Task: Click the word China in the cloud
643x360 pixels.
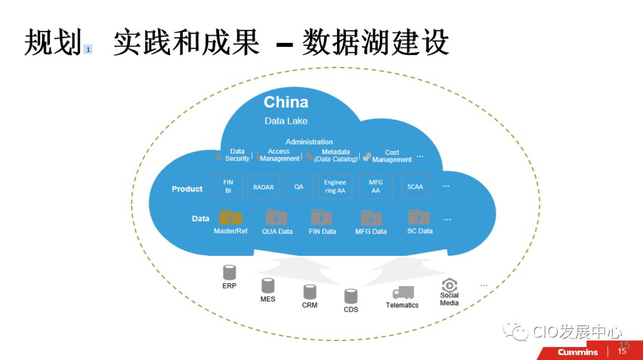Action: tap(286, 102)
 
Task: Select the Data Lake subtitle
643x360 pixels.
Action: tap(286, 121)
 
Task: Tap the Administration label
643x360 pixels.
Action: tap(309, 142)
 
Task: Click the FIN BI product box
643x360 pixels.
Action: tap(228, 187)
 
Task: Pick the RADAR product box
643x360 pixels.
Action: tap(263, 187)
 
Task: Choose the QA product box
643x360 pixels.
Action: tap(299, 187)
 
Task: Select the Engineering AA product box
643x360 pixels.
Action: tap(335, 187)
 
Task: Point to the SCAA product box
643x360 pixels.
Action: tap(415, 187)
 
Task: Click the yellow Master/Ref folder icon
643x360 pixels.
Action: tap(230, 218)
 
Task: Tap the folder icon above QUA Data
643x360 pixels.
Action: tap(276, 218)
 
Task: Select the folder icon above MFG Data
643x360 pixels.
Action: tap(371, 218)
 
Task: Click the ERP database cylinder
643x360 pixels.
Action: tap(229, 273)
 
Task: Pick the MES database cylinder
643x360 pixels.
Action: tap(268, 286)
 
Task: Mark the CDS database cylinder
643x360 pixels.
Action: tap(351, 296)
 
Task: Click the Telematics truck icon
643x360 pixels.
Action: tap(403, 293)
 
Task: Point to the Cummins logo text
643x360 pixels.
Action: tap(578, 352)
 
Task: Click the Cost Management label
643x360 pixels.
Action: tap(391, 156)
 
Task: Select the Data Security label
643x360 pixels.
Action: tap(237, 155)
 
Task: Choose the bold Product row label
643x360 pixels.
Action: tap(187, 189)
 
